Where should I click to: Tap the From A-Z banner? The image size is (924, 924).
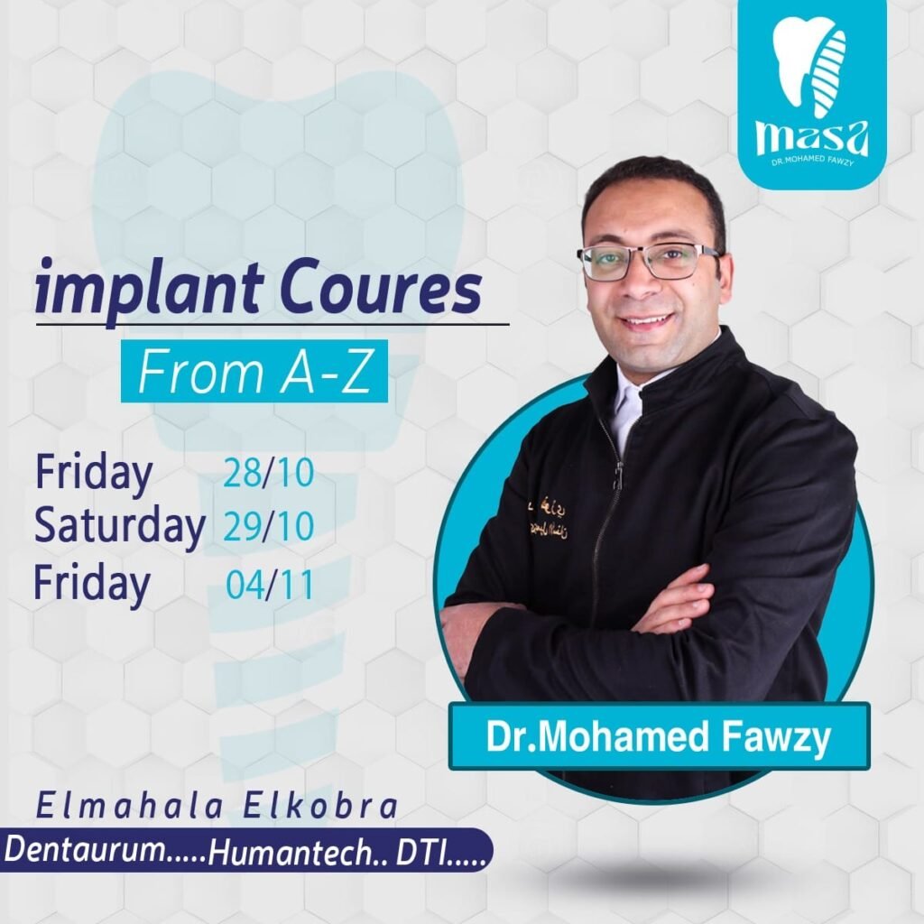tap(254, 371)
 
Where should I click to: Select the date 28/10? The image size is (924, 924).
tap(268, 473)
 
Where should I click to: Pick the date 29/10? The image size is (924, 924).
tap(268, 526)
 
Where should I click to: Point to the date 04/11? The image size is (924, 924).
tap(269, 584)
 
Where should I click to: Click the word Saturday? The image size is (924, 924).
tap(120, 526)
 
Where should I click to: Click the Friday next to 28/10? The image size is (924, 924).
tap(94, 473)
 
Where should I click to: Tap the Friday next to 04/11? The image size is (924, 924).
tap(91, 584)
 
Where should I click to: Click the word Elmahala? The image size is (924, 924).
tap(130, 807)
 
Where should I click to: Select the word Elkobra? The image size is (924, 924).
tap(320, 807)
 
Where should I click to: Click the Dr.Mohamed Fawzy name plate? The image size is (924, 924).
tap(659, 736)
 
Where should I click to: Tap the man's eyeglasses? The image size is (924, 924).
tap(648, 259)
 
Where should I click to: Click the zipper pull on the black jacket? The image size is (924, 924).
tap(618, 475)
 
